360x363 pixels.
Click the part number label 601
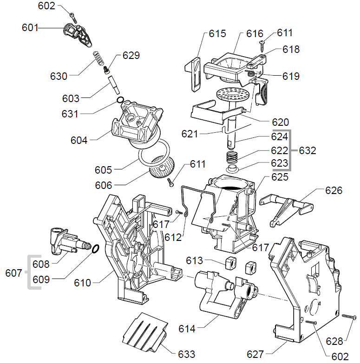30,28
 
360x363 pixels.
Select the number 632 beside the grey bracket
307,151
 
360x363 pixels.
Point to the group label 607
13,273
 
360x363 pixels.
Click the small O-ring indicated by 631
120,100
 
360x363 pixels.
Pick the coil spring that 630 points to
98,59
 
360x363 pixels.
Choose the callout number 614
187,329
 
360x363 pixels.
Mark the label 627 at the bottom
255,354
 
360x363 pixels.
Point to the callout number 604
79,139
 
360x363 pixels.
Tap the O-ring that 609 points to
93,250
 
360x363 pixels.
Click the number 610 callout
83,282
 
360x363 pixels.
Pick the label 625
280,177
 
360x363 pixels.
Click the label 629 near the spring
131,55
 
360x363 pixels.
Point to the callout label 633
187,354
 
